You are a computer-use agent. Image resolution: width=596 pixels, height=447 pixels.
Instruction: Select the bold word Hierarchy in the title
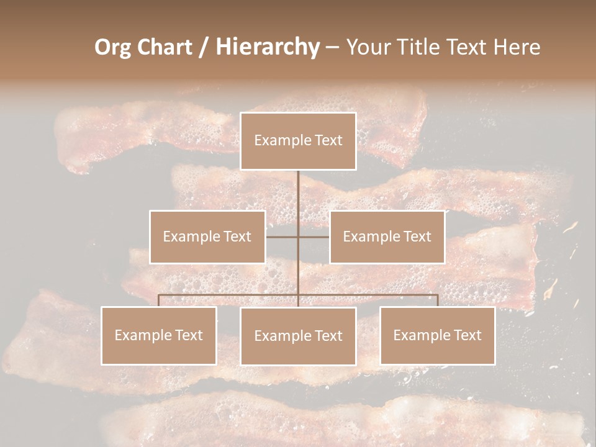[x=267, y=47]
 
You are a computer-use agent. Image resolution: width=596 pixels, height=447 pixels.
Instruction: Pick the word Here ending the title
[x=517, y=47]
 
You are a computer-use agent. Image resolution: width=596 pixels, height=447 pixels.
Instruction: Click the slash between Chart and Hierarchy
[x=204, y=48]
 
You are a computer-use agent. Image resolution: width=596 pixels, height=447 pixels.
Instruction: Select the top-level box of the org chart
[x=298, y=141]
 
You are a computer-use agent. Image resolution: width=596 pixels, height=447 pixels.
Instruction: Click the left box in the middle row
[x=207, y=237]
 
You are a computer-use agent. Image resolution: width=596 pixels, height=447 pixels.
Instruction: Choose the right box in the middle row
[x=387, y=237]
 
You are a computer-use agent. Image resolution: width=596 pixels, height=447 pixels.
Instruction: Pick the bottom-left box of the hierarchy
[x=159, y=335]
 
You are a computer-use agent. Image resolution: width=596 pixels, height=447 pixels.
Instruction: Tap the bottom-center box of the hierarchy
[x=298, y=336]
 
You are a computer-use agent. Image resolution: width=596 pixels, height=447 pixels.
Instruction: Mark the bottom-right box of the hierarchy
[x=438, y=335]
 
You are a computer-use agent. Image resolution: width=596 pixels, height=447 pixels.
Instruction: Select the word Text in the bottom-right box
[x=466, y=335]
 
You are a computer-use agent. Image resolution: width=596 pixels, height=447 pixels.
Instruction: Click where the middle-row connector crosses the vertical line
[x=298, y=237]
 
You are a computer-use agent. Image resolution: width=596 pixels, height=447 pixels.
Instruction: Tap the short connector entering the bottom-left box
[x=159, y=300]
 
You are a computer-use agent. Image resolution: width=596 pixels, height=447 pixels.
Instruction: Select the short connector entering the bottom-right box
[x=438, y=300]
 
